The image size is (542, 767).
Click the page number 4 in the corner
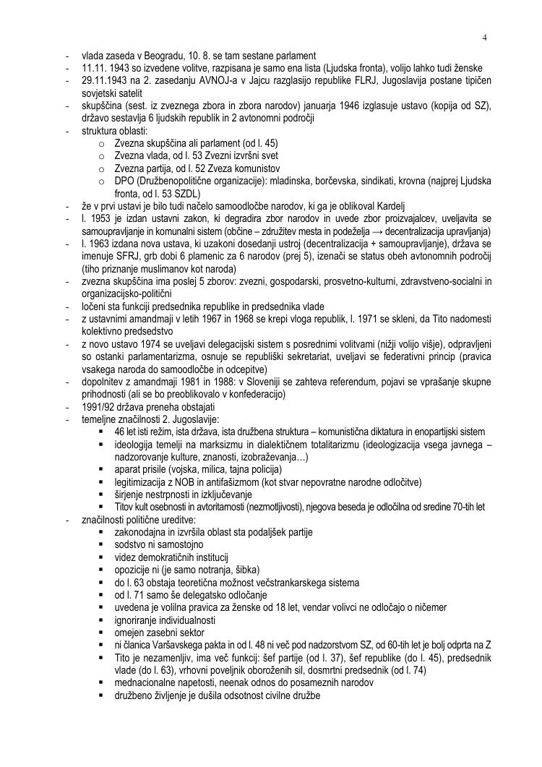(486, 38)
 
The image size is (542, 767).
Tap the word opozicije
(133, 570)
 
